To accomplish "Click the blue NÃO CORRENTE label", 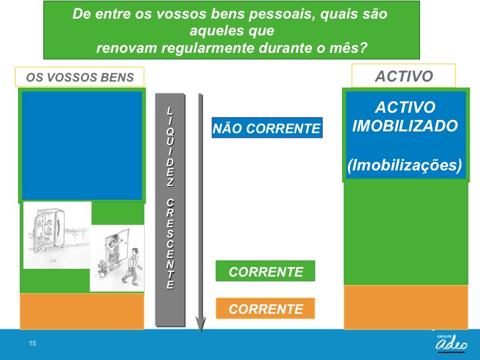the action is click(267, 128).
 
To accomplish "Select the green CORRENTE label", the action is click(265, 271).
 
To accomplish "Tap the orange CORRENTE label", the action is click(265, 308).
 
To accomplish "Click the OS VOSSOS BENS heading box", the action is click(80, 77).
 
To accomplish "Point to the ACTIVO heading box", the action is click(403, 76).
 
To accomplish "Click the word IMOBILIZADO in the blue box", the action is click(404, 126).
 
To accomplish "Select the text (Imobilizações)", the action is click(404, 165).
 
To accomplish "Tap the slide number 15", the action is click(32, 343).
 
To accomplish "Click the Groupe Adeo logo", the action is click(452, 343).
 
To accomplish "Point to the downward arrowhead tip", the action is click(201, 332).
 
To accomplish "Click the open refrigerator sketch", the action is click(49, 230).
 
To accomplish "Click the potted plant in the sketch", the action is click(102, 269).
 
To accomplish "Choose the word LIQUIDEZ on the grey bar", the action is click(170, 146).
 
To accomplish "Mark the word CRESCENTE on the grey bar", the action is click(170, 244).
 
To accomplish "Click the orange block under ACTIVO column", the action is click(406, 307).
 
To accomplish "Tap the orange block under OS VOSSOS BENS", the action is click(82, 311).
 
